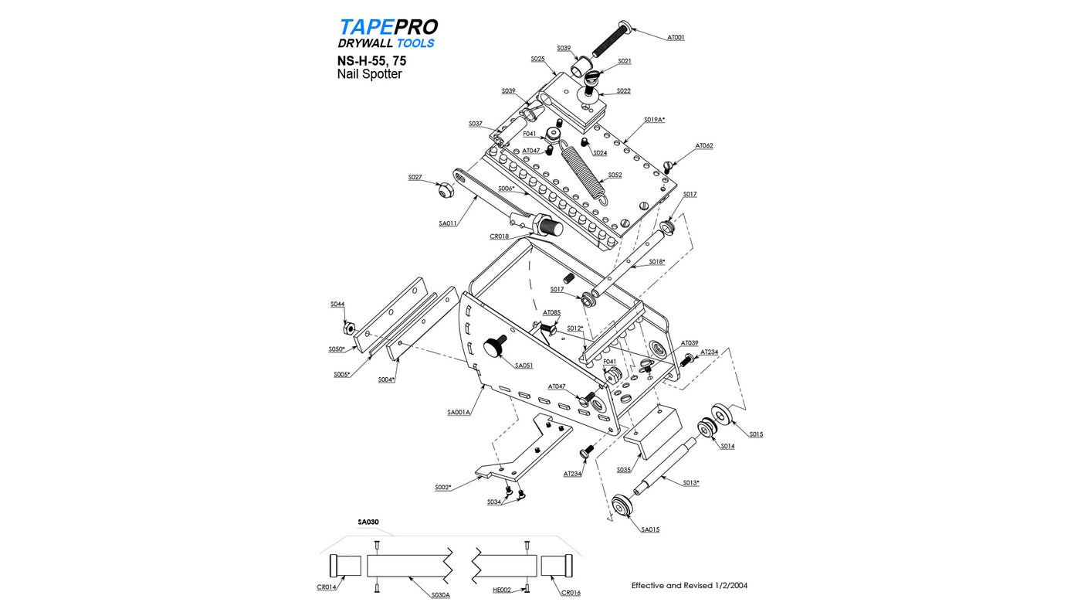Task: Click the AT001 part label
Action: (676, 37)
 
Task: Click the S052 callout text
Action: (615, 175)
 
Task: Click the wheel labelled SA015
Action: (622, 506)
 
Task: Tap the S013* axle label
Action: (690, 482)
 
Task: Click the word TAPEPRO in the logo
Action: (388, 28)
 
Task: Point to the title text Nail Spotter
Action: (369, 74)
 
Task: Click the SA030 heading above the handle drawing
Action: (368, 522)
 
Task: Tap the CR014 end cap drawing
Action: (345, 565)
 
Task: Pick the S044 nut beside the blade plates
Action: (350, 328)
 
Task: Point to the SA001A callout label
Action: (459, 412)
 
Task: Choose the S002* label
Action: (442, 487)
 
